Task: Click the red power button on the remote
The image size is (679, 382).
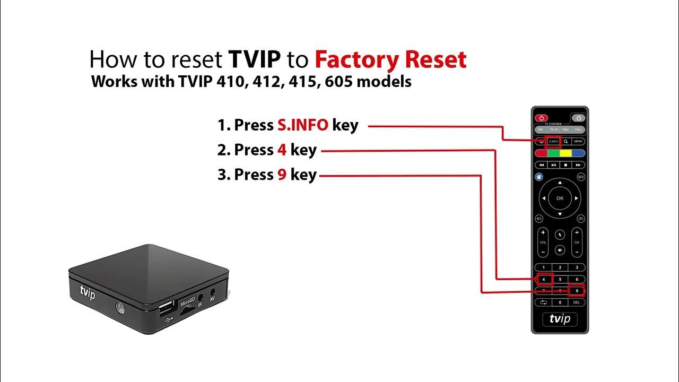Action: [x=541, y=118]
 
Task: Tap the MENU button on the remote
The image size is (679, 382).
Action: [x=578, y=142]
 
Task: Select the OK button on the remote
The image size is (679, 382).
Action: [x=560, y=198]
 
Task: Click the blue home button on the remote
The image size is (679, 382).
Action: [x=539, y=177]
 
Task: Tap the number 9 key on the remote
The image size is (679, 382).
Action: [x=577, y=291]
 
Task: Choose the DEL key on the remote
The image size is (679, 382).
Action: [x=577, y=302]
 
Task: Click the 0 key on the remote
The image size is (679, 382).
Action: [x=560, y=302]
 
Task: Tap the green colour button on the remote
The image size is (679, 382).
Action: [x=554, y=153]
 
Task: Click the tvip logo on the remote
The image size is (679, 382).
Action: [x=560, y=319]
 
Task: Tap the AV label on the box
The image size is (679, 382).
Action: [x=212, y=299]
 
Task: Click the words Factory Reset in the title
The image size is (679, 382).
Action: [x=390, y=60]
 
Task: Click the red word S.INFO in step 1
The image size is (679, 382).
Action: [x=302, y=125]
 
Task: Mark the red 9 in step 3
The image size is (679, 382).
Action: [x=282, y=175]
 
